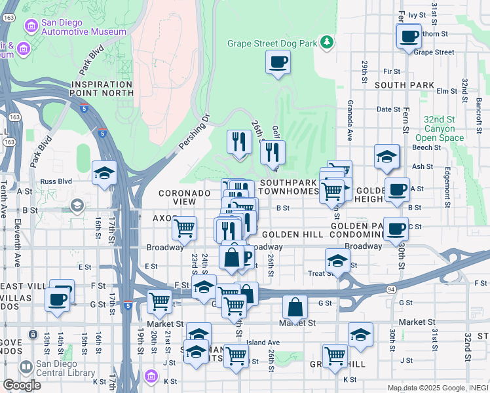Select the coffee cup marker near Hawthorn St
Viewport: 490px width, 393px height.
point(409,36)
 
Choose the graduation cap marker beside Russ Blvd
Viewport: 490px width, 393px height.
point(104,174)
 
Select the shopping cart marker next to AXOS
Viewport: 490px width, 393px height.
point(185,229)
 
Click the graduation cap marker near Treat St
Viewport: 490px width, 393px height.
point(337,260)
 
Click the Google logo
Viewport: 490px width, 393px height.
point(22,385)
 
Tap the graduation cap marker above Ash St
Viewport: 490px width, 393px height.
point(387,156)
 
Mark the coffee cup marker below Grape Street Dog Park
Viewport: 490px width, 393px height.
point(278,62)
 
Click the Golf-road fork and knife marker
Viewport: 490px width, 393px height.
point(273,152)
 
